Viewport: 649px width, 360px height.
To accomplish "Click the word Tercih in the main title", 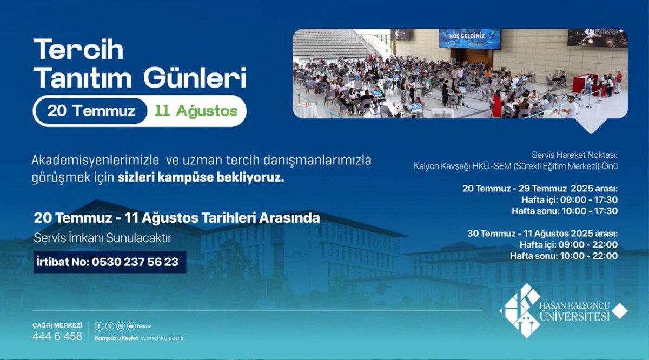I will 79,50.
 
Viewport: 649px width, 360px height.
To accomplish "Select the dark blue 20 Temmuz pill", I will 91,111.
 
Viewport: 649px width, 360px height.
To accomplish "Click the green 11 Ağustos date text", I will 196,111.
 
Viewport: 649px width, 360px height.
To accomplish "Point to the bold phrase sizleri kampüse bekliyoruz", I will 201,178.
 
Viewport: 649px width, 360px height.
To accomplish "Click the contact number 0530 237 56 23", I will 135,262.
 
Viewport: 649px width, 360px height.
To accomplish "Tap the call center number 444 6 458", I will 57,336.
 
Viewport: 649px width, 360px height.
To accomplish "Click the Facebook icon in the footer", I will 99,326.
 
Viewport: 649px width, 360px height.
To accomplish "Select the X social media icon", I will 110,326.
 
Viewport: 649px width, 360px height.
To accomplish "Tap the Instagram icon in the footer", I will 121,326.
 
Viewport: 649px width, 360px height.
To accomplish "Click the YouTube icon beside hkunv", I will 131,326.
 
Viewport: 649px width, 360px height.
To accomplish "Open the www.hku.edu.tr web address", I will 163,338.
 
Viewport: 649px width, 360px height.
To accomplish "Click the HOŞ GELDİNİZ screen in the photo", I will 469,38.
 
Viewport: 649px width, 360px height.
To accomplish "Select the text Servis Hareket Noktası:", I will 575,154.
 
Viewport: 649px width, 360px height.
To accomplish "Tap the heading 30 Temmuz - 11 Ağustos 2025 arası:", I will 542,234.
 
